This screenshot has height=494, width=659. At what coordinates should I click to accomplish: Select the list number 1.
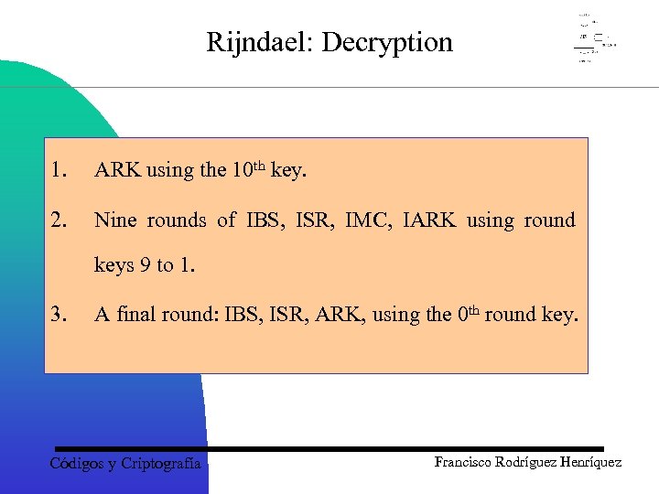(59, 170)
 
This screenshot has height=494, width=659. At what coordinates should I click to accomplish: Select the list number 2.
(59, 220)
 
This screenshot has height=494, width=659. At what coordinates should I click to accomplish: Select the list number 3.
(59, 315)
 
